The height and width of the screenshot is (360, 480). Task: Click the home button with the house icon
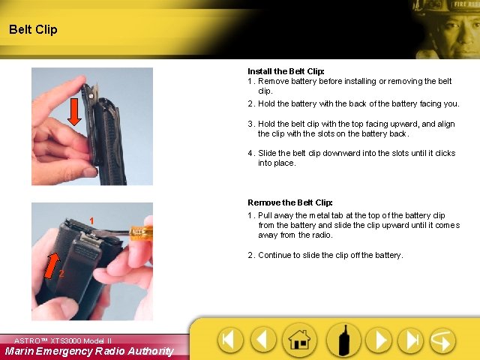coord(299,341)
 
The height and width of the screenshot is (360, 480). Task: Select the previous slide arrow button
coord(262,341)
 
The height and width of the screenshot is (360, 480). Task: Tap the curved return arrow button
coord(442,341)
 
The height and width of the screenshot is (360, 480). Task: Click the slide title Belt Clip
coord(33,30)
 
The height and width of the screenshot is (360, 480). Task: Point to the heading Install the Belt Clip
coord(286,72)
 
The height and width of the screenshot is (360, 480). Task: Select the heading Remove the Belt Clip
coord(289,202)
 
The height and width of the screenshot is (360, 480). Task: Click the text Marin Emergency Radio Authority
coord(89,351)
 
